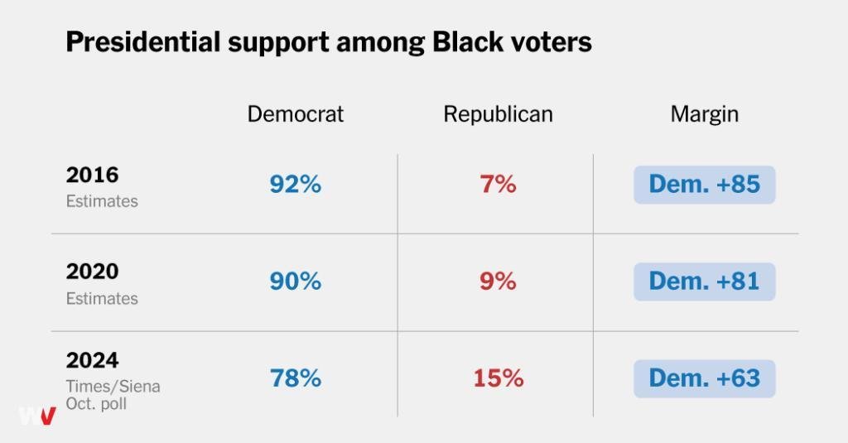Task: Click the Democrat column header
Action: [x=296, y=114]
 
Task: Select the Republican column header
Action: [x=498, y=114]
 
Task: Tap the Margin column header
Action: [x=704, y=114]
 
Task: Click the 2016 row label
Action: [x=92, y=175]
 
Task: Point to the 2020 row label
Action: [x=92, y=271]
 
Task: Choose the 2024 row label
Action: [x=92, y=360]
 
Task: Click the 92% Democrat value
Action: [x=296, y=185]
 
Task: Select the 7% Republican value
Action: [x=498, y=185]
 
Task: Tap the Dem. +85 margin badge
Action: [x=704, y=185]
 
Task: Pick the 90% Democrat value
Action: [x=296, y=282]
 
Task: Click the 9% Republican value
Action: [x=498, y=282]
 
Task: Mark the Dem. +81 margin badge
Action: [x=704, y=282]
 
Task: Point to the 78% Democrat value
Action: [x=296, y=378]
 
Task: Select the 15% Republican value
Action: [x=498, y=378]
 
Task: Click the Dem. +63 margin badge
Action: [x=704, y=378]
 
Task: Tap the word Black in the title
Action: [x=468, y=41]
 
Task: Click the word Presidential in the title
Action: [x=143, y=41]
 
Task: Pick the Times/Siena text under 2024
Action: [x=113, y=387]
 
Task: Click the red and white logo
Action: [x=37, y=416]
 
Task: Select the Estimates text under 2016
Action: [x=102, y=201]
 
